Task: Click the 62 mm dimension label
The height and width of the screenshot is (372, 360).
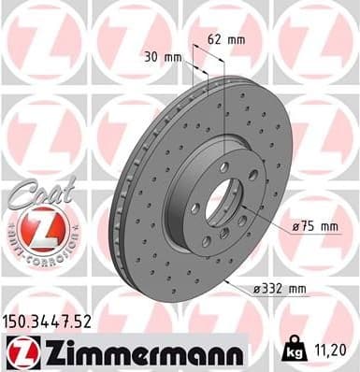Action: click(226, 39)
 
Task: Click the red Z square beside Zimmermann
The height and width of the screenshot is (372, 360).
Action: click(19, 352)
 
